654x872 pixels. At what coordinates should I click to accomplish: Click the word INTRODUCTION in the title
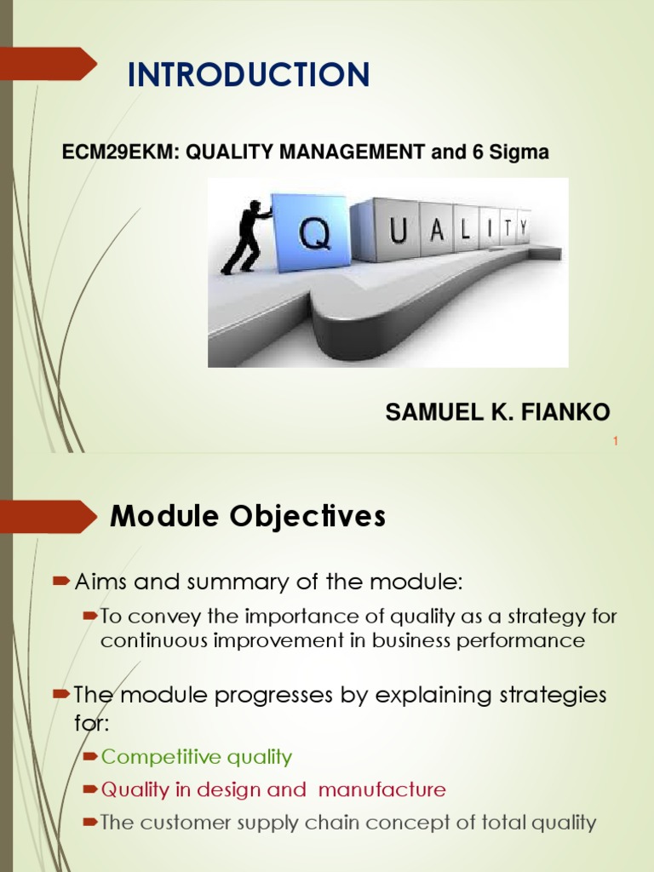pyautogui.click(x=249, y=74)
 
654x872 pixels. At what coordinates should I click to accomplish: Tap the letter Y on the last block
pyautogui.click(x=524, y=228)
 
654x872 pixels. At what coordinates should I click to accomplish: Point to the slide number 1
pyautogui.click(x=616, y=441)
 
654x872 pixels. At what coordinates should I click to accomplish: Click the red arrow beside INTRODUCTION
pyautogui.click(x=49, y=63)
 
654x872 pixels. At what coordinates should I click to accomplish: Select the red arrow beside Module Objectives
pyautogui.click(x=49, y=517)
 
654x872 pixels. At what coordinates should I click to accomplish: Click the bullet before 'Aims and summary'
pyautogui.click(x=60, y=582)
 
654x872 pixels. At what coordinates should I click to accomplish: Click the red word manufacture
pyautogui.click(x=382, y=789)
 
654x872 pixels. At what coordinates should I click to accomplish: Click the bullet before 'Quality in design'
pyautogui.click(x=90, y=789)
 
